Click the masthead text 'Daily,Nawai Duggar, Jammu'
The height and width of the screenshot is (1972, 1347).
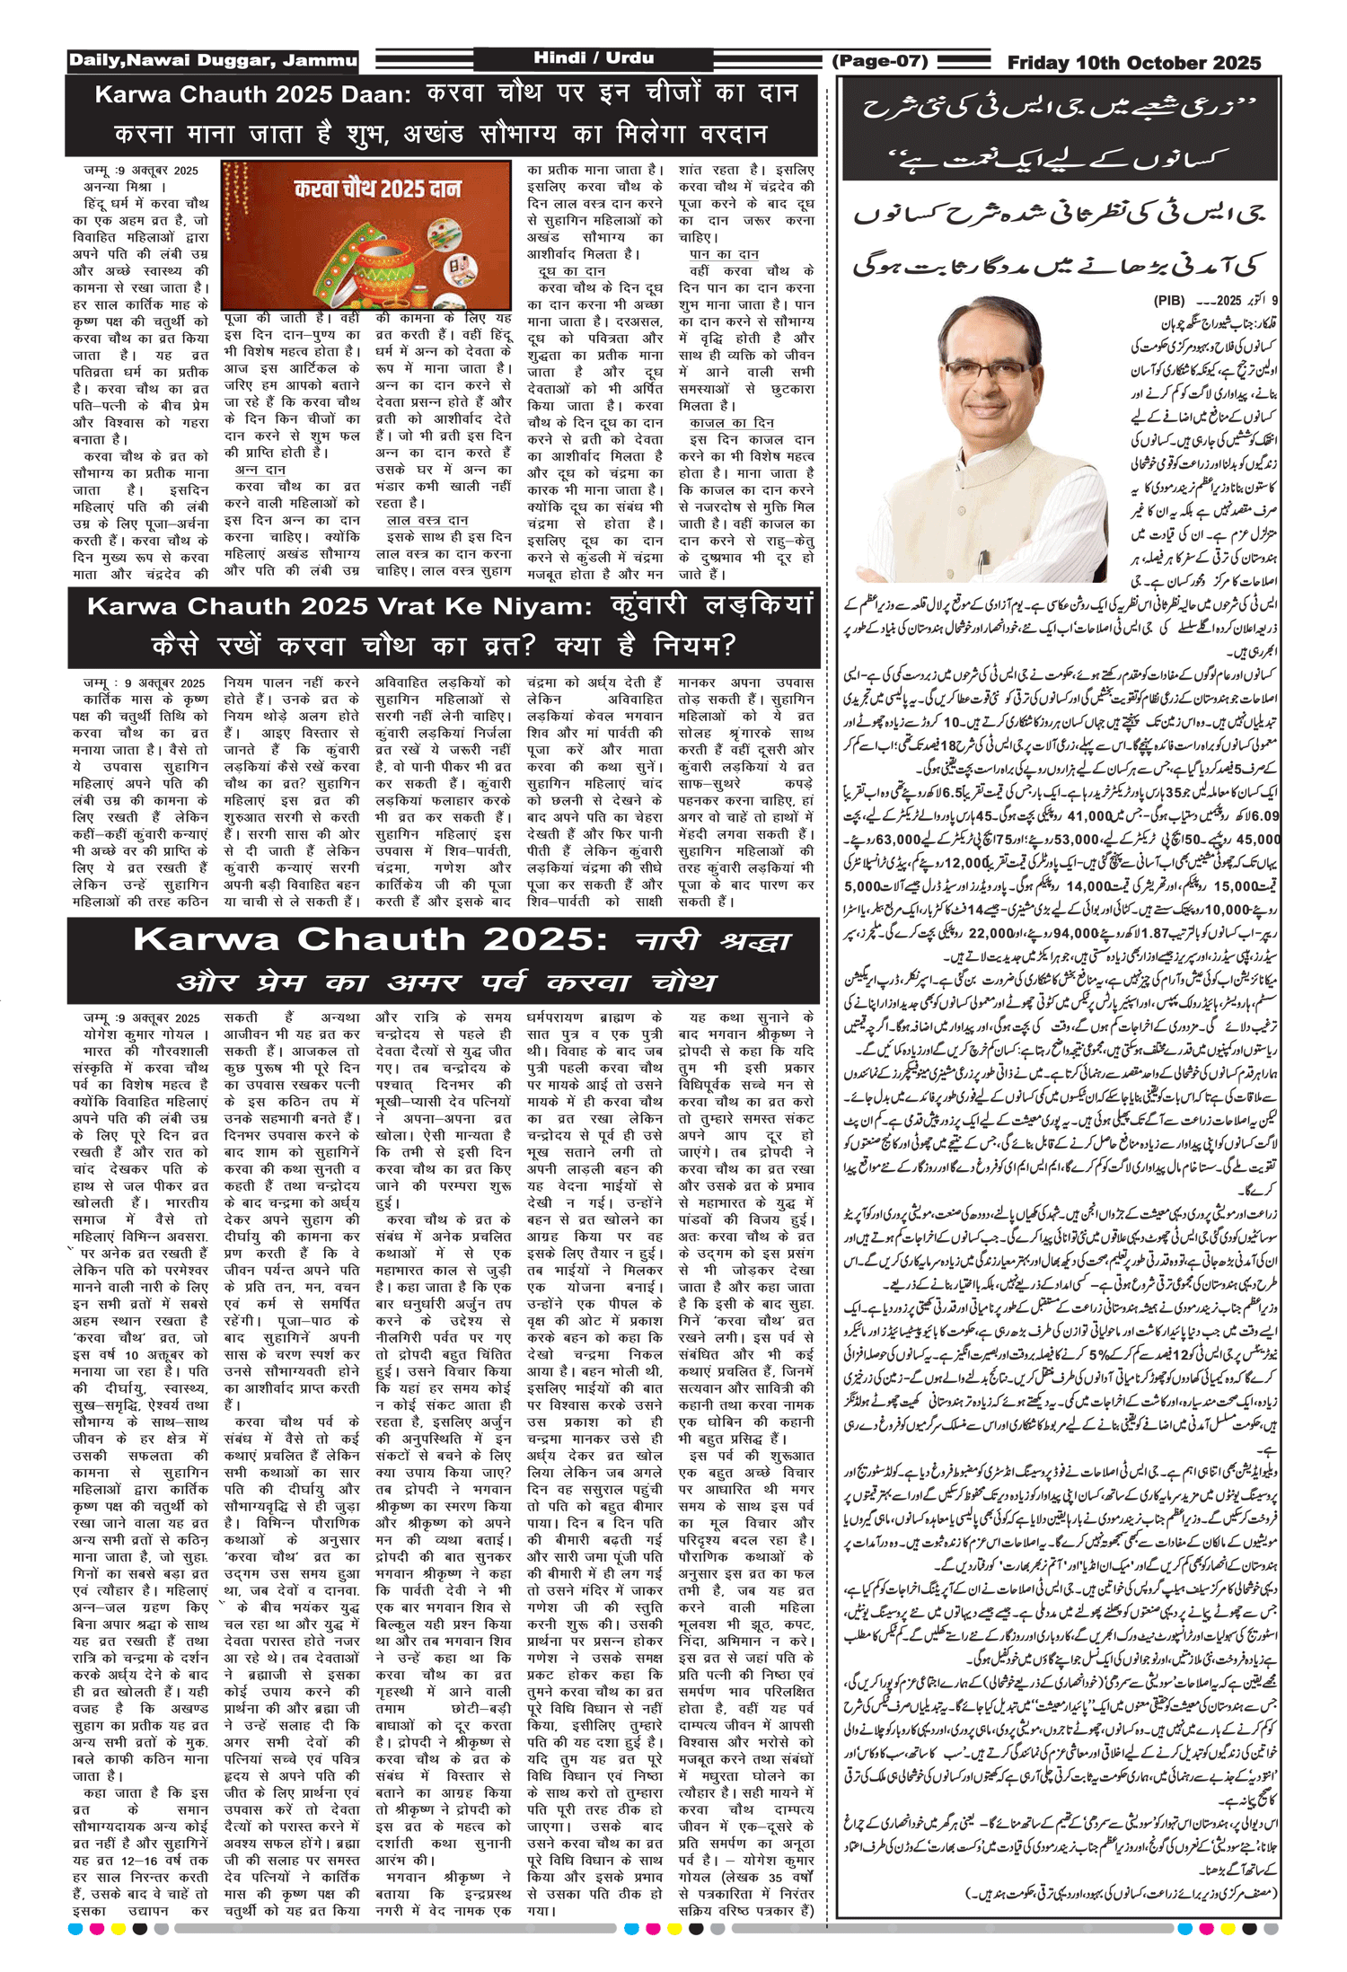pyautogui.click(x=213, y=61)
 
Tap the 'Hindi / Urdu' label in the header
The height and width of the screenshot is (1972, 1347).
pyautogui.click(x=594, y=58)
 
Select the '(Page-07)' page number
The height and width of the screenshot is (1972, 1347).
pyautogui.click(x=880, y=61)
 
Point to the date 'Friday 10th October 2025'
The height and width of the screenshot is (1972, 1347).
pyautogui.click(x=1134, y=63)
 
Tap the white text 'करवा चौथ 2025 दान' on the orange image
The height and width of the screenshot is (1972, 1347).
pyautogui.click(x=377, y=189)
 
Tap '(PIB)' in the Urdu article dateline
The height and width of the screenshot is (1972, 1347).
pyautogui.click(x=1169, y=301)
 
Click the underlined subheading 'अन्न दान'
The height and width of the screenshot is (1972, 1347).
pyautogui.click(x=260, y=470)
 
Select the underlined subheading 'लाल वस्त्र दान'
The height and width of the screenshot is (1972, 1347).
pyautogui.click(x=427, y=520)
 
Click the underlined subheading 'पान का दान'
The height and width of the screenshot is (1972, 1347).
pyautogui.click(x=724, y=254)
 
